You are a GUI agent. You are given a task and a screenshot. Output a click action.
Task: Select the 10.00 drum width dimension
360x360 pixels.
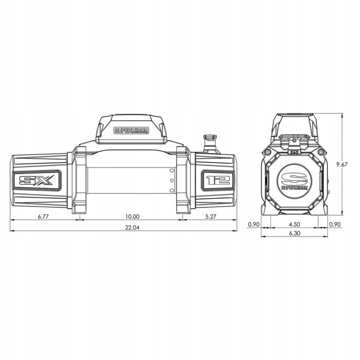pos(132,216)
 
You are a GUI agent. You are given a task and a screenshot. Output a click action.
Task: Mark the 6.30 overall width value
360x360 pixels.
pos(294,233)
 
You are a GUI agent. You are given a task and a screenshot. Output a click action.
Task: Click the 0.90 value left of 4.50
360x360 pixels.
pos(254,224)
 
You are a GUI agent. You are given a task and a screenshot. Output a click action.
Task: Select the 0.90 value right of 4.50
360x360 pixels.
pos(335,224)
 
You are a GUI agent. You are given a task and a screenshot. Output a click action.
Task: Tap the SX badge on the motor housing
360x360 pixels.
pos(37,181)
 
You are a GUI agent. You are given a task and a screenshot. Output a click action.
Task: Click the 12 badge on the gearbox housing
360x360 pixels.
pos(218,181)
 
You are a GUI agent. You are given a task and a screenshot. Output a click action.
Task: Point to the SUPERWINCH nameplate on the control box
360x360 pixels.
pos(131,130)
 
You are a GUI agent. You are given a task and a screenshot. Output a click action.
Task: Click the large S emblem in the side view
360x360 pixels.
pos(294,178)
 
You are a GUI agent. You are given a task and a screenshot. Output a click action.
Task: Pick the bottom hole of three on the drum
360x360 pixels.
pos(172,190)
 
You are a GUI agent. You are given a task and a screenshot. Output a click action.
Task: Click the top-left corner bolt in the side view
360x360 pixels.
pos(267,152)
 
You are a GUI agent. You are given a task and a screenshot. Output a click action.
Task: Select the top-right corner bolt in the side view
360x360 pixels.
pos(321,152)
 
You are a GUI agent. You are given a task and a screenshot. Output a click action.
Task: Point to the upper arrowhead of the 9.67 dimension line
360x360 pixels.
pos(342,115)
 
